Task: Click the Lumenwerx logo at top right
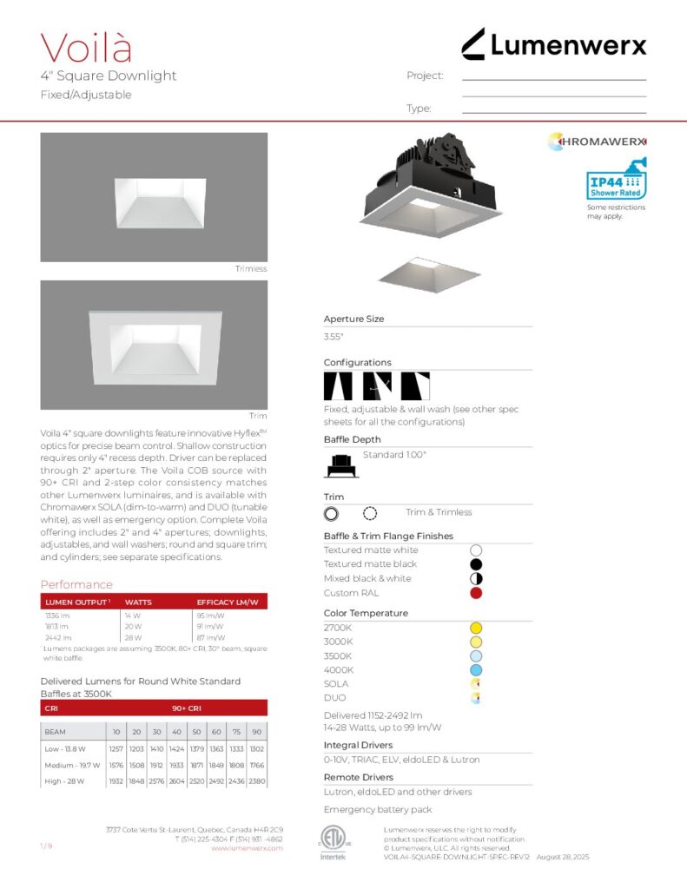point(553,43)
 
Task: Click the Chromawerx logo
point(598,141)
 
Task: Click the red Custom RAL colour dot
point(475,593)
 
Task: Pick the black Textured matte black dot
point(475,564)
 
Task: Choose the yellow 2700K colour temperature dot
point(475,628)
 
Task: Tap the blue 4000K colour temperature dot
point(475,670)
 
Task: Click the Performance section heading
point(76,584)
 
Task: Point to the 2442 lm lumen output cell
point(57,637)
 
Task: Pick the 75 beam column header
point(236,732)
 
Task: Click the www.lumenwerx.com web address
point(247,848)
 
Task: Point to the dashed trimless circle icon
point(370,513)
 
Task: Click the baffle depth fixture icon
point(341,465)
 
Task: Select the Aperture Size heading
point(353,319)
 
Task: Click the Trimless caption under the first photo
point(251,269)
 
